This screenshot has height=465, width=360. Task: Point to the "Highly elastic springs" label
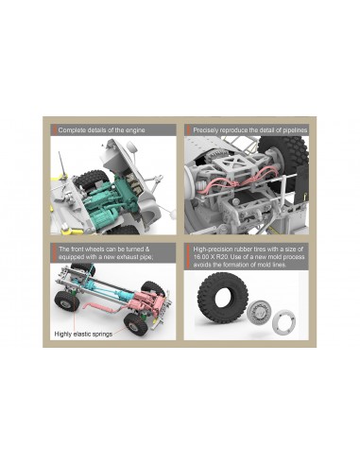83,334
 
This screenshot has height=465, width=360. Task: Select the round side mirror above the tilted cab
131,146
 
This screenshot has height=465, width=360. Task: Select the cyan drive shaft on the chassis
101,288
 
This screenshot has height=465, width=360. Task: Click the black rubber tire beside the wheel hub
222,298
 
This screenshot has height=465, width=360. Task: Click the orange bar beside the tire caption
188,257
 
